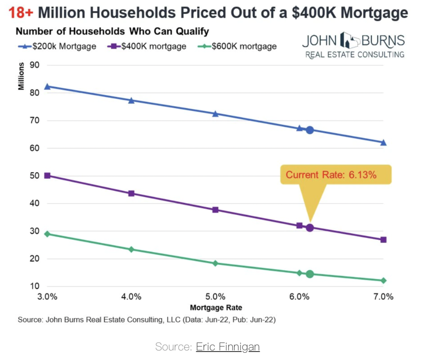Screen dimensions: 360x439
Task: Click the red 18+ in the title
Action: click(21, 13)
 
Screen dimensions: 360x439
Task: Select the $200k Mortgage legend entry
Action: click(57, 46)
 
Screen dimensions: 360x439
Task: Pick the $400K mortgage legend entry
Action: click(147, 46)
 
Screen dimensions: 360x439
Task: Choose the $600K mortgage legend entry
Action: click(237, 46)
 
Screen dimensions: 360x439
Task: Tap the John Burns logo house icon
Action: click(349, 41)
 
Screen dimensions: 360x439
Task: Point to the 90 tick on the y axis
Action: click(34, 65)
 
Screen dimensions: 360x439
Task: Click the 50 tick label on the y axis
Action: click(34, 176)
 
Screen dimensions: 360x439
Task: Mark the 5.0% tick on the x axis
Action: click(215, 297)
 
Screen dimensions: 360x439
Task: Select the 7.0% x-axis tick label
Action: click(383, 297)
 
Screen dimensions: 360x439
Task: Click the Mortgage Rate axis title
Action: click(216, 308)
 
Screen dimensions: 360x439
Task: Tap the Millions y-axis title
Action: click(21, 76)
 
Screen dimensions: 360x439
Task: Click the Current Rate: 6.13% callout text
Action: click(331, 175)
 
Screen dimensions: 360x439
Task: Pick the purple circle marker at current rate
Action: click(310, 228)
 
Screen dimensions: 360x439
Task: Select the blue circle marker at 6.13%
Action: click(310, 130)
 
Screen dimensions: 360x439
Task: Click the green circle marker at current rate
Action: click(310, 274)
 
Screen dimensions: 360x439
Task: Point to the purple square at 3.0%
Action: click(47, 176)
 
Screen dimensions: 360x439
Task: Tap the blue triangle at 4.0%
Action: click(131, 101)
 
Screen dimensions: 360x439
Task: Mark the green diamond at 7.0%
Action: click(383, 281)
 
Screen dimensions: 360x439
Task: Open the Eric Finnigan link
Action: click(228, 347)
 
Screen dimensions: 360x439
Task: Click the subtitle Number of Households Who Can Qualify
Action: click(112, 31)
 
